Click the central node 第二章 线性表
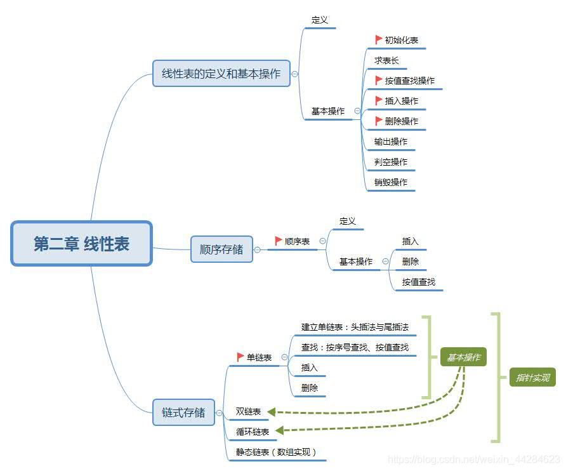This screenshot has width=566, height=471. click(81, 243)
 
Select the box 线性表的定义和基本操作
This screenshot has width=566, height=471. click(221, 74)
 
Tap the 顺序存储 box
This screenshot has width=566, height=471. click(221, 249)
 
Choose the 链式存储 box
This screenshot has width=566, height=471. click(183, 413)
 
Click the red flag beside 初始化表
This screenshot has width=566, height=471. click(379, 39)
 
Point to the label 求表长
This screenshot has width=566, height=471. click(386, 60)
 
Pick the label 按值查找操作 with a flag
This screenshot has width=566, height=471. click(409, 81)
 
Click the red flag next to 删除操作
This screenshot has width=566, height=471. click(379, 121)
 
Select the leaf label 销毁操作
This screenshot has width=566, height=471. click(391, 182)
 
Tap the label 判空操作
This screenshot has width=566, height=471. click(391, 162)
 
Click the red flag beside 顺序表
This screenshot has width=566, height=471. click(279, 241)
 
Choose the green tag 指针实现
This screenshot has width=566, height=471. click(532, 378)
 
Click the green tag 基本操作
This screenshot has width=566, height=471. click(463, 357)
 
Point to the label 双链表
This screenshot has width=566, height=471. click(248, 411)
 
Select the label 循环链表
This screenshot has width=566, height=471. click(252, 432)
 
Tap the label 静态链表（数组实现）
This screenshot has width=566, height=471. click(276, 452)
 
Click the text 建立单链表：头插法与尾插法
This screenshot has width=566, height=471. click(355, 327)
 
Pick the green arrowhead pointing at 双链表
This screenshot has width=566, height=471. click(272, 412)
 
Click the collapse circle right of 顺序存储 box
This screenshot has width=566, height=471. click(257, 250)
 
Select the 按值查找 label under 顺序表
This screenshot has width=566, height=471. click(419, 282)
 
